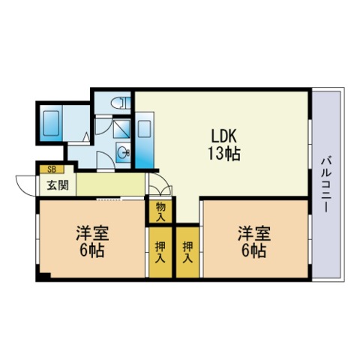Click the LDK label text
pos(223,136)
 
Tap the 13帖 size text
pos(224,154)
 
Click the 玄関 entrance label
pos(58,185)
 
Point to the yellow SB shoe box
pos(52,169)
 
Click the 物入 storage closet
pos(160,211)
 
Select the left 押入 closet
pos(160,252)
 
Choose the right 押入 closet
pos(187,252)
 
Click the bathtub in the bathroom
pos(51,123)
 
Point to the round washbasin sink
pos(124,151)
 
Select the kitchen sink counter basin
pos(145,128)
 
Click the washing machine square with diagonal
pos(121,129)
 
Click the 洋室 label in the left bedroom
pos(92,233)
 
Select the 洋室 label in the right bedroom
pos(254,233)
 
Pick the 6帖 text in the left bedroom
pos(91,250)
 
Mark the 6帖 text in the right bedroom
pos(253,250)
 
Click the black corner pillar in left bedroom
pos(43,276)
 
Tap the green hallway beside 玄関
pos(110,184)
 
